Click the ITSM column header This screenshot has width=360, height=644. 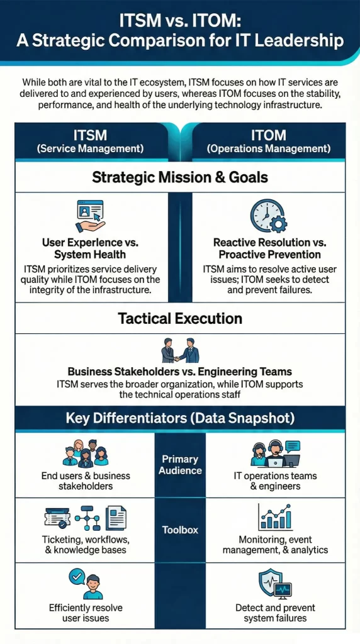click(90, 141)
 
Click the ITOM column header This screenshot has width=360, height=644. click(269, 141)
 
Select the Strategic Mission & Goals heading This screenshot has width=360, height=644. click(180, 177)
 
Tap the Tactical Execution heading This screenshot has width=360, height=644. click(180, 318)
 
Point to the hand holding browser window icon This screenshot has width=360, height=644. click(90, 216)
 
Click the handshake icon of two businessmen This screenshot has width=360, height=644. click(180, 350)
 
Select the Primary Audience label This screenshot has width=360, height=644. click(180, 465)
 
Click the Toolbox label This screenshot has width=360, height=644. click(180, 530)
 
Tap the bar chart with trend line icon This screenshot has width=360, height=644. click(275, 517)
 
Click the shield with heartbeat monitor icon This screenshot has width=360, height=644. click(275, 584)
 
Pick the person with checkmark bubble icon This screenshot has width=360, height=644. click(86, 584)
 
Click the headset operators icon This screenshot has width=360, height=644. click(275, 454)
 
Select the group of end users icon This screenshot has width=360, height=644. click(86, 454)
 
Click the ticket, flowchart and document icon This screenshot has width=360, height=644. click(86, 518)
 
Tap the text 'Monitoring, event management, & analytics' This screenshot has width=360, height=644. click(275, 545)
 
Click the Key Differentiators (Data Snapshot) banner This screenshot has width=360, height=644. click(180, 418)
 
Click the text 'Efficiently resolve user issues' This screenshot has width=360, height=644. click(86, 613)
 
